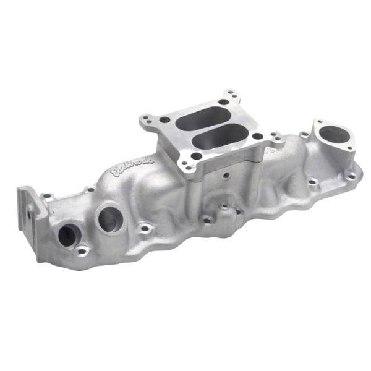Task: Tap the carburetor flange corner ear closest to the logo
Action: click(147, 119)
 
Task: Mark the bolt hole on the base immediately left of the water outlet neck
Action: click(304, 134)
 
